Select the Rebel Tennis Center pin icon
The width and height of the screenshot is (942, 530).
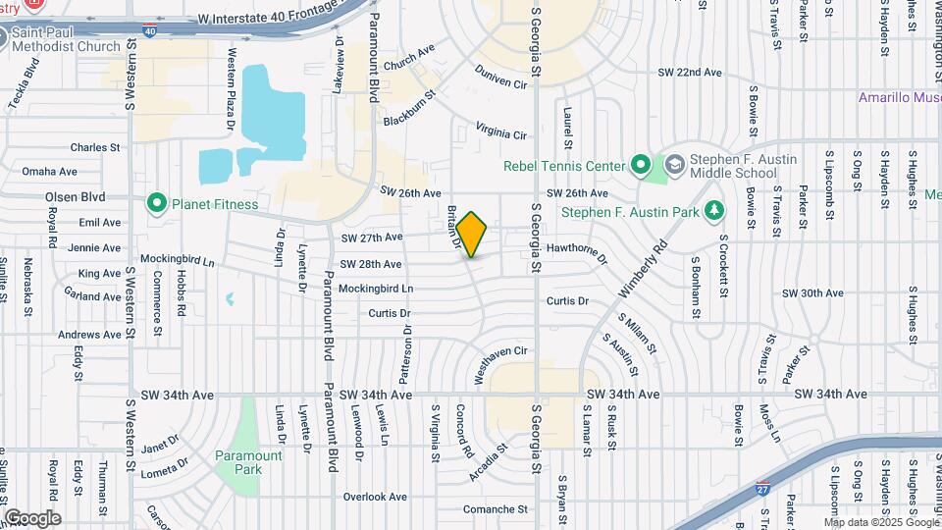641,165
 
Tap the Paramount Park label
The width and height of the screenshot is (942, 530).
248,462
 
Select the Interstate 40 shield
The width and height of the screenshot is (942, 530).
148,31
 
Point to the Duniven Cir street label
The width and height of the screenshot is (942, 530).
500,78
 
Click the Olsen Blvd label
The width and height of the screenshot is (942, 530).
75,196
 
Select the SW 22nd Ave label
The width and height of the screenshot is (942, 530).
690,73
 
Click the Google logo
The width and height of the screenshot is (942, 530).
32,518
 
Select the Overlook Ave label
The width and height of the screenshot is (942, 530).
375,497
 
